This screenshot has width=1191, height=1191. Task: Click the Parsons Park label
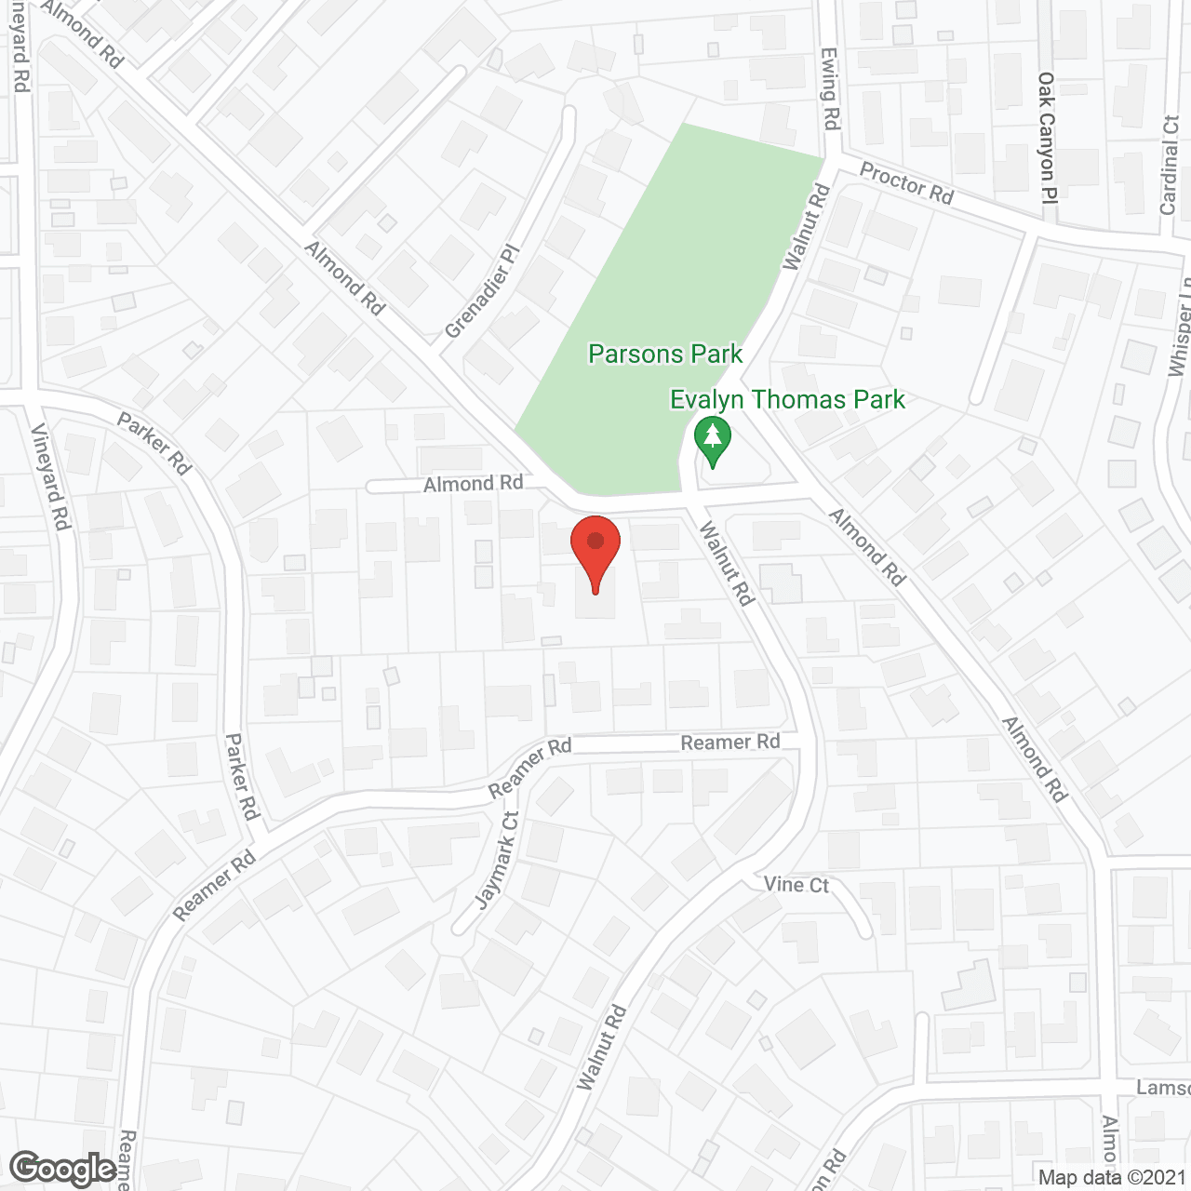[x=665, y=355]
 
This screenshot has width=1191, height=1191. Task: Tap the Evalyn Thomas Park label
[x=787, y=400]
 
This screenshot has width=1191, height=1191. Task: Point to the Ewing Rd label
[x=830, y=89]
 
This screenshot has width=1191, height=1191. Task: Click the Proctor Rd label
[x=906, y=183]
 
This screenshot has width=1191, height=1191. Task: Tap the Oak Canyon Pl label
[x=1048, y=138]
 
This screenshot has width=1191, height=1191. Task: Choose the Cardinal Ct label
[x=1170, y=166]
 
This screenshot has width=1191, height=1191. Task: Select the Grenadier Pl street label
[x=480, y=292]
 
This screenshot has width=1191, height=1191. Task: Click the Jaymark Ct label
[x=497, y=861]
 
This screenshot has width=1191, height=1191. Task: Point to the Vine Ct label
[x=796, y=884]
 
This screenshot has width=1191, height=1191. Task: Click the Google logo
[x=63, y=1169]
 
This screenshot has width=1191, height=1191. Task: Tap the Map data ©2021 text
[x=1112, y=1178]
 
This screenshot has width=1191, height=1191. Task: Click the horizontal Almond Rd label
[x=473, y=484]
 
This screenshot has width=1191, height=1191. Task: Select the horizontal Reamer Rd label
[x=729, y=743]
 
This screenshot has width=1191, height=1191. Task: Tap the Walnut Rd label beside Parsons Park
[x=806, y=228]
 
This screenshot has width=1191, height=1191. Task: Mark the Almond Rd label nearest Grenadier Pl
[x=345, y=278]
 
